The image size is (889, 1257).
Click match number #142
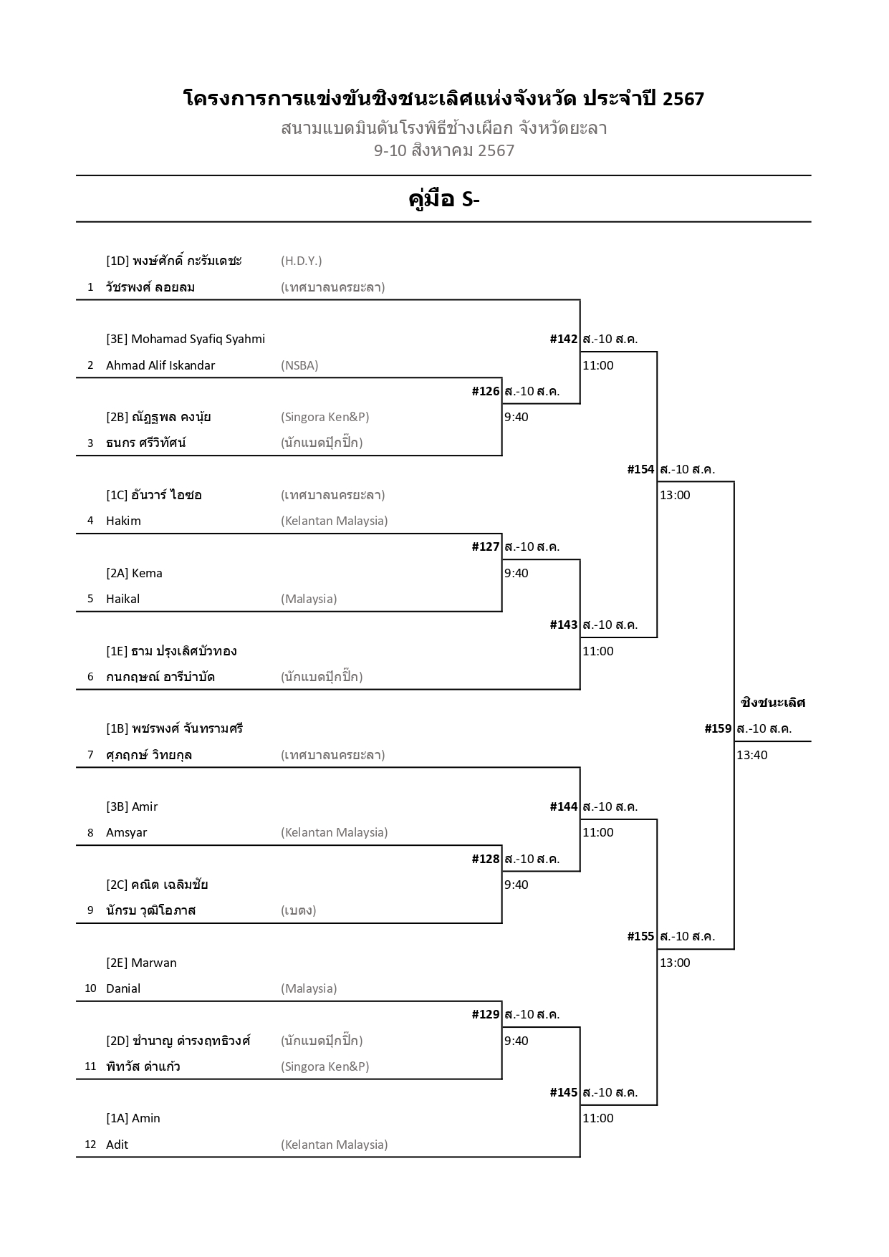563,339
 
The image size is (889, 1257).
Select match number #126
486,391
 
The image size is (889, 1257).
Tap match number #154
640,469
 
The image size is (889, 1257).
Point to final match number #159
718,728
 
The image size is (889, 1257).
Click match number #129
486,1014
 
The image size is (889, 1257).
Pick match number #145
563,1092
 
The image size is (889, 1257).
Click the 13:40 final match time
751,755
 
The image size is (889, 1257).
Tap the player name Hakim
123,521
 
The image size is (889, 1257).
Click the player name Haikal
122,599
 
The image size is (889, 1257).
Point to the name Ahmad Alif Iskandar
160,365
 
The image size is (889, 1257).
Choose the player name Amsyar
126,832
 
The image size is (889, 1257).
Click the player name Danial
123,988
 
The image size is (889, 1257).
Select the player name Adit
117,1145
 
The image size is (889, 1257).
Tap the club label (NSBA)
299,365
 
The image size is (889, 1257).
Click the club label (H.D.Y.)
301,261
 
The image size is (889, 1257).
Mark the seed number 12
90,1145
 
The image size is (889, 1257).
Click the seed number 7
90,755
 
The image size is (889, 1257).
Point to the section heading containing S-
443,199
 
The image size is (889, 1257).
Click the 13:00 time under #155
675,963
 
